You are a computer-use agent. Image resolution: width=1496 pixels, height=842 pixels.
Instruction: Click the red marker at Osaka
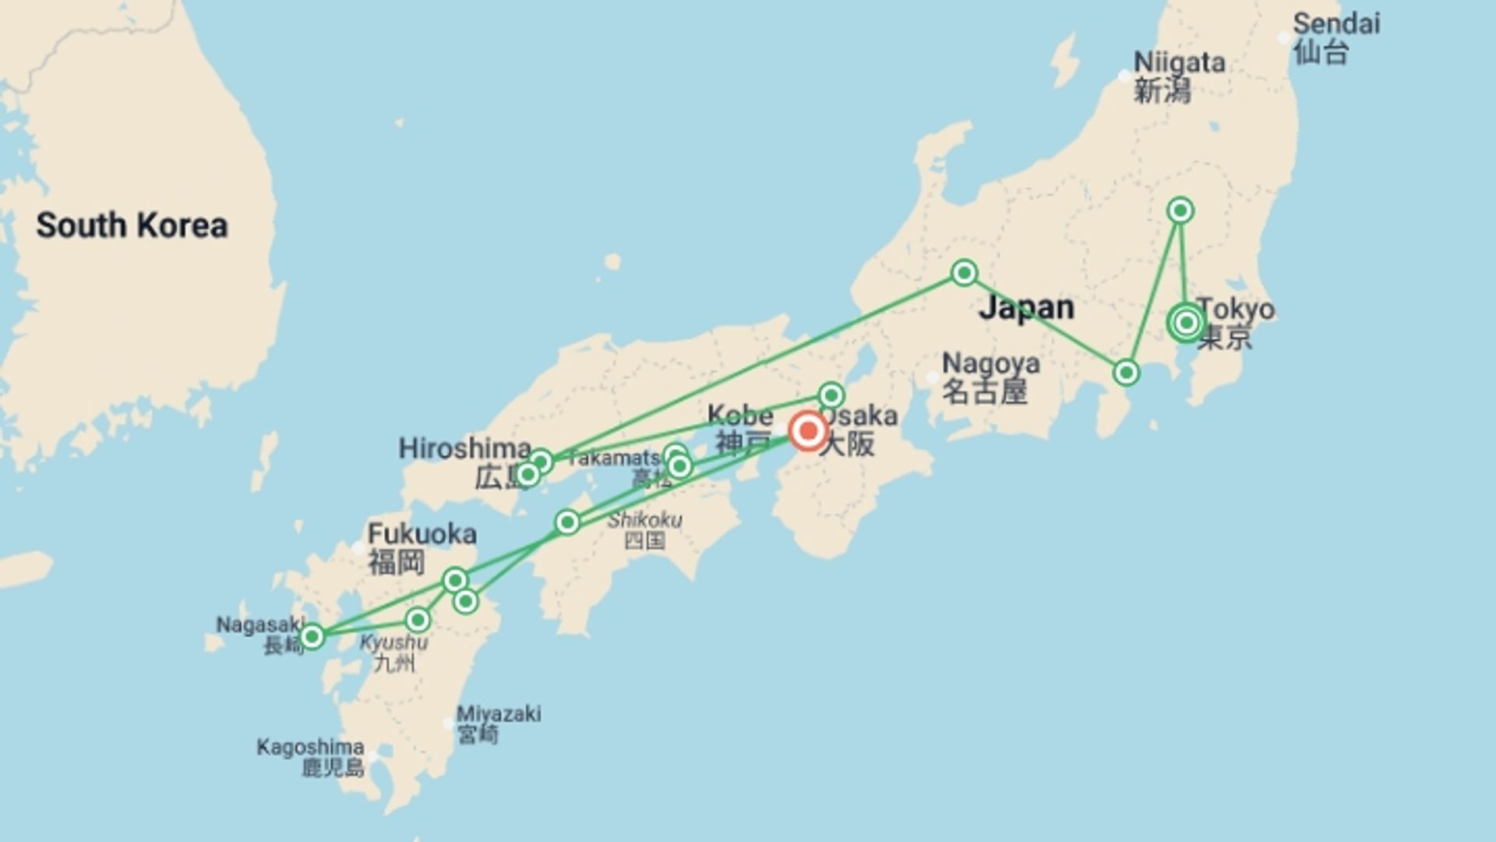pos(808,430)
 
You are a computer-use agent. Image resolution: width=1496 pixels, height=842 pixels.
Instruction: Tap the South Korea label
pos(132,225)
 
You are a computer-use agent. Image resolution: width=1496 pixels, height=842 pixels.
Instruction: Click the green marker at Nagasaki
pos(312,637)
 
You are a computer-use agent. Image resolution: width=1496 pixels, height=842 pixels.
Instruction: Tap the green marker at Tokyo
pos(1186,322)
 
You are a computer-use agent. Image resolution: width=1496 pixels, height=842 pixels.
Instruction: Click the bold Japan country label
pos(1026,307)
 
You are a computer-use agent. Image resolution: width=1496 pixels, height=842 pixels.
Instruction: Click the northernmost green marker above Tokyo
pos(1180,210)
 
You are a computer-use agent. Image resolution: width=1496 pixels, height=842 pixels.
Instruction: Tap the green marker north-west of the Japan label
pos(965,273)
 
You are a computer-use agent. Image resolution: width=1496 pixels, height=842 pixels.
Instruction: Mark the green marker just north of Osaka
pos(831,394)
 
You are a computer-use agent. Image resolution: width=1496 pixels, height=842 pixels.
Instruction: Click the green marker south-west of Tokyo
pos(1126,373)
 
